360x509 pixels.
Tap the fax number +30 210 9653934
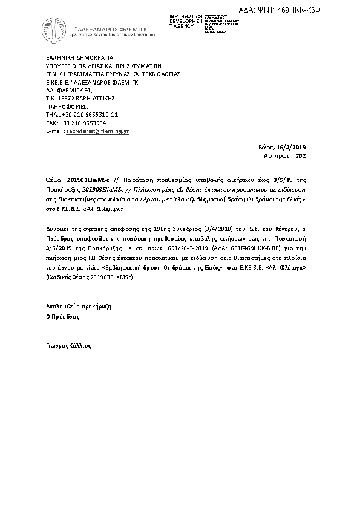click(85, 122)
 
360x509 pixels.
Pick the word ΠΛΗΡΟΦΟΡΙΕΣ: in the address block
click(67, 106)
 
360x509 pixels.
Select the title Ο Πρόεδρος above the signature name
click(62, 316)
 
